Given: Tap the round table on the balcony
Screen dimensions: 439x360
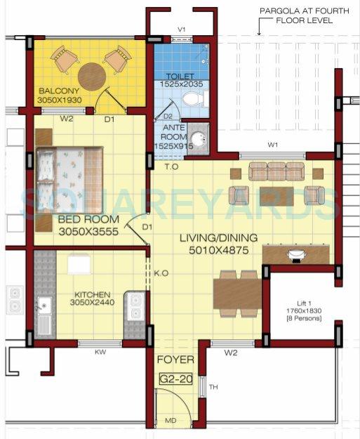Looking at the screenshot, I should pyautogui.click(x=92, y=77).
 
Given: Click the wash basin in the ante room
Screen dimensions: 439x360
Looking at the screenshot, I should pyautogui.click(x=199, y=138).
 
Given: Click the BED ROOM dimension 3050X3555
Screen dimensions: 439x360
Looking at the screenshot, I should pyautogui.click(x=89, y=230).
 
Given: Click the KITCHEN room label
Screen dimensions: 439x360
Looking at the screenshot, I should pyautogui.click(x=92, y=296).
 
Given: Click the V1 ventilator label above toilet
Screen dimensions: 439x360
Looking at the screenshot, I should pyautogui.click(x=181, y=30).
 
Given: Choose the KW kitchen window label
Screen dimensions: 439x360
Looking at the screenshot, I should pyautogui.click(x=100, y=353).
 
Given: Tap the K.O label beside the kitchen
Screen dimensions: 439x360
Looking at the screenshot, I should pyautogui.click(x=161, y=272).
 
